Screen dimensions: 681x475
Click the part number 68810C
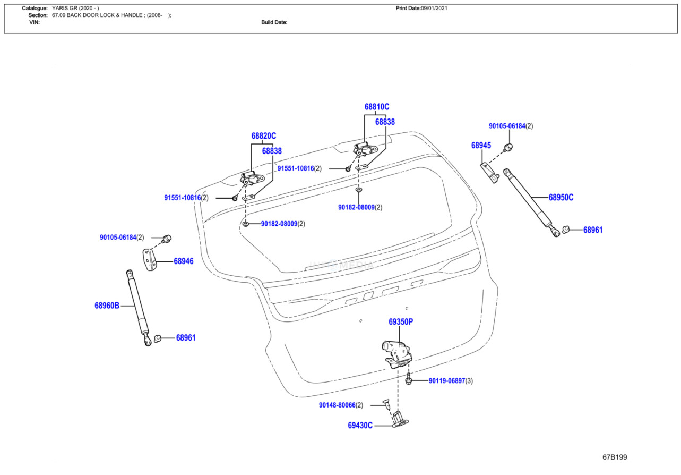[377, 107]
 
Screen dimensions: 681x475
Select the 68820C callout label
[264, 135]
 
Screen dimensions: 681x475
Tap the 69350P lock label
[401, 321]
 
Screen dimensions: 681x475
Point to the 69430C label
[360, 426]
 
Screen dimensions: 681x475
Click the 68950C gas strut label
[561, 198]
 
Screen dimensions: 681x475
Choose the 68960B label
[107, 306]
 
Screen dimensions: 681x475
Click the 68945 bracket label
[481, 146]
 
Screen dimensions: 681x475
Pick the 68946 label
[184, 261]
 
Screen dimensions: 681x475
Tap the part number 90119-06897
[447, 380]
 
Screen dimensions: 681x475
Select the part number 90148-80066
[337, 405]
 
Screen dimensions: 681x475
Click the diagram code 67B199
[615, 457]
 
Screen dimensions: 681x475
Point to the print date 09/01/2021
[434, 8]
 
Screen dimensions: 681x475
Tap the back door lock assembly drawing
[397, 354]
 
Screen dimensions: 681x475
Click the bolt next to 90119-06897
[409, 378]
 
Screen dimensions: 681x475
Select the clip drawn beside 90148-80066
[386, 405]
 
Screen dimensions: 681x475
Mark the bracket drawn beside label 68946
[150, 260]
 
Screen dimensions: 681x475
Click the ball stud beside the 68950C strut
[565, 230]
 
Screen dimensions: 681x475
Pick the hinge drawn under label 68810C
[365, 149]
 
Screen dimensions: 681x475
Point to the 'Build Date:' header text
[274, 22]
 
